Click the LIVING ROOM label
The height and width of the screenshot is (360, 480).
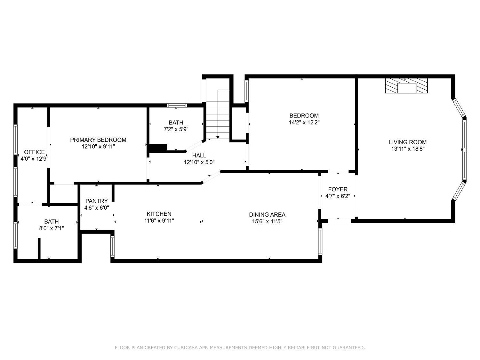(x=408, y=142)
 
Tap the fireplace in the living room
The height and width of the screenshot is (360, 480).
(x=406, y=86)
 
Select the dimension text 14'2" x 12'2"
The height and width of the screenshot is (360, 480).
(x=304, y=123)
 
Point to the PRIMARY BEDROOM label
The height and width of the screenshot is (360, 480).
(x=98, y=140)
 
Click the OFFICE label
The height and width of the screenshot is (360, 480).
(x=34, y=152)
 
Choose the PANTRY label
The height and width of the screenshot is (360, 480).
(x=97, y=201)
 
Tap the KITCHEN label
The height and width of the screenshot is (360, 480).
(x=159, y=214)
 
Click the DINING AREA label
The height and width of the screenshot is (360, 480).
(x=267, y=215)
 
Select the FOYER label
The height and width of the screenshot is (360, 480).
(x=338, y=189)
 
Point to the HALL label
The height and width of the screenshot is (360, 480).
(x=199, y=156)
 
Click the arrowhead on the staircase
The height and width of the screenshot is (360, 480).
(x=218, y=137)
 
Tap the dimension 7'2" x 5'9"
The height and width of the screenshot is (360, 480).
(x=176, y=129)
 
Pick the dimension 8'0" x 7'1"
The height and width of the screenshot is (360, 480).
(x=52, y=228)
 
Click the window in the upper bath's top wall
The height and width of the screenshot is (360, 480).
(x=177, y=105)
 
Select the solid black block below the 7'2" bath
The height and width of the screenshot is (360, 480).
(x=158, y=148)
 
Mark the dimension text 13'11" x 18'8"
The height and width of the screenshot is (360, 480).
(x=408, y=149)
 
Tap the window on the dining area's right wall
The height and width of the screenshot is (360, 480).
(x=320, y=242)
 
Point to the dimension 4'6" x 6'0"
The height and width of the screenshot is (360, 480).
(x=97, y=208)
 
